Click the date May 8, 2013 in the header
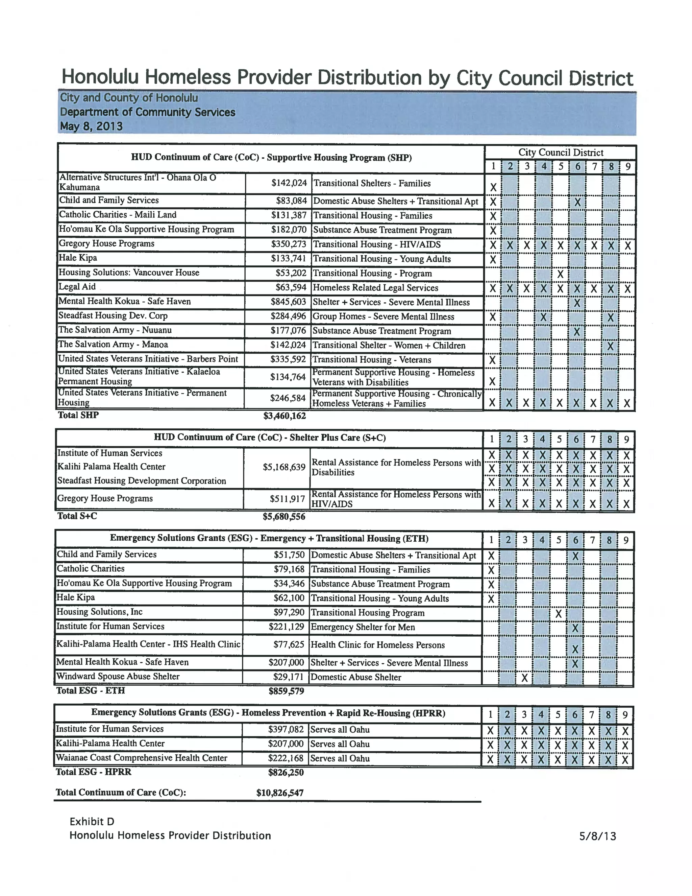point(91,126)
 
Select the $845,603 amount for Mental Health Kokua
point(288,302)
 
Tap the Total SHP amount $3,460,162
point(285,416)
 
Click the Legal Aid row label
point(77,287)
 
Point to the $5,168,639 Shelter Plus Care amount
point(285,467)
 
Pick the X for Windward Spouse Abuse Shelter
point(524,678)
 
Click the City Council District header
point(561,152)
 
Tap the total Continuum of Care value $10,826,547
point(280,792)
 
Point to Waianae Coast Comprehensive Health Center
point(142,758)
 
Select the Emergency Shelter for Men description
point(363,627)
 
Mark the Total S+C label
point(77,516)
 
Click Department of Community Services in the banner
point(148,112)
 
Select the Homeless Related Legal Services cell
point(375,288)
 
